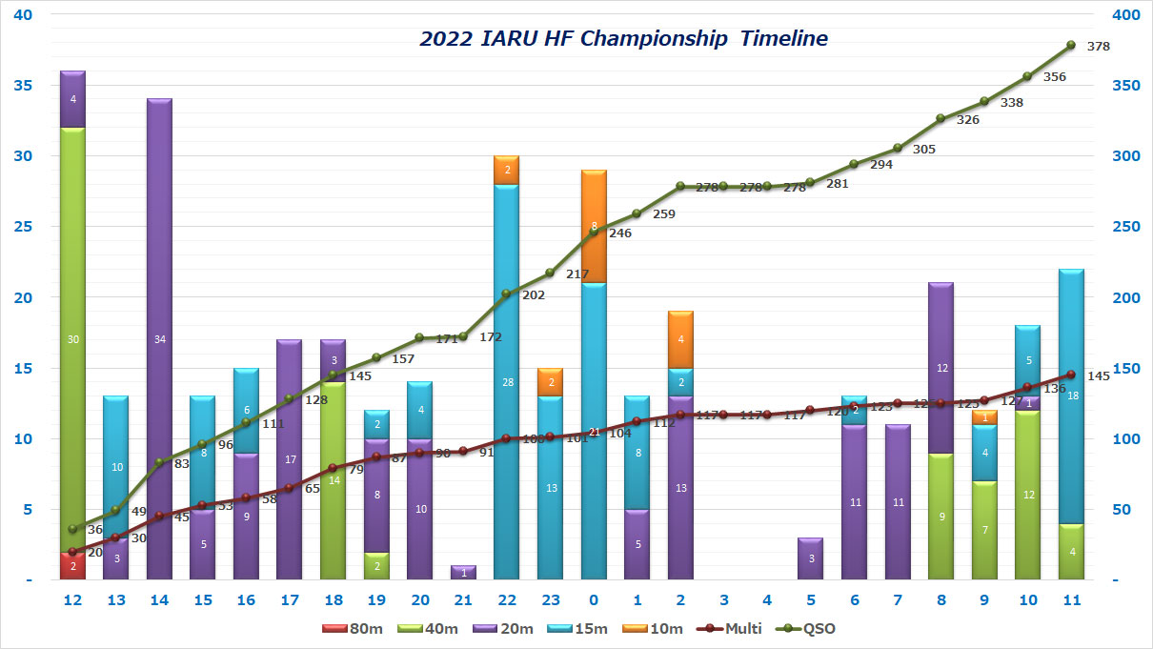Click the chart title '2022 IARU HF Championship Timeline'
pos(623,39)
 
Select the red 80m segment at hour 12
pos(72,565)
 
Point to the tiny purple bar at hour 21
pos(463,573)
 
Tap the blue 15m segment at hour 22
pos(506,381)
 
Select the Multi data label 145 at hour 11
pos(1098,375)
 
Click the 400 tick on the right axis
pos(1128,15)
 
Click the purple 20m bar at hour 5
pos(810,558)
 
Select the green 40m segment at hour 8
pos(941,517)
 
